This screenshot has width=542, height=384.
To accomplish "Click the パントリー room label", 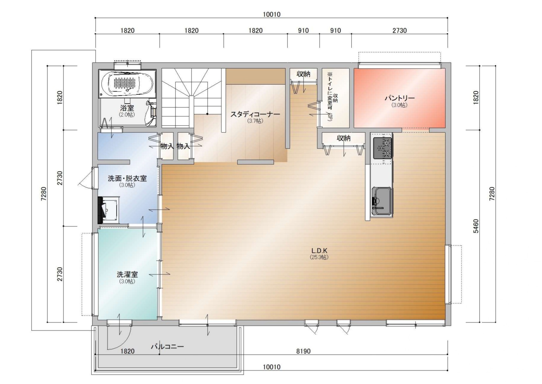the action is [x=399, y=98].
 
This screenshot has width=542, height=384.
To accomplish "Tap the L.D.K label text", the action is [x=319, y=250].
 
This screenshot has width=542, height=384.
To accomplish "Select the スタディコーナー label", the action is [x=255, y=114].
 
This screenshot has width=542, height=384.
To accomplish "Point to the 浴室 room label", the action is [x=127, y=108].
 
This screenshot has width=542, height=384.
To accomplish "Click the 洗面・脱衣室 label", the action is [x=127, y=178].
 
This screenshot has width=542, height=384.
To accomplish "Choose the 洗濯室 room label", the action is [x=127, y=274].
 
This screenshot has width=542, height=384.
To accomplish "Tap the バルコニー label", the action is [x=167, y=346].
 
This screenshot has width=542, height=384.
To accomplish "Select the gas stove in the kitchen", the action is [x=383, y=148].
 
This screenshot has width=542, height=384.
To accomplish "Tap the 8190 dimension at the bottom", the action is [x=303, y=351].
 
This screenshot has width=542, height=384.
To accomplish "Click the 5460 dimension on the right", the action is [x=476, y=226].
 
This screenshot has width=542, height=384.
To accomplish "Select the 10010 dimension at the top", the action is [x=272, y=14].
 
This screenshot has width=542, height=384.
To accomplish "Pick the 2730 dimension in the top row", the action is [x=399, y=30].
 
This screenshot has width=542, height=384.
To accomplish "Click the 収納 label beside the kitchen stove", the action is [x=344, y=138].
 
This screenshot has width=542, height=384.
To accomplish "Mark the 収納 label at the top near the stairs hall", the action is [x=303, y=74].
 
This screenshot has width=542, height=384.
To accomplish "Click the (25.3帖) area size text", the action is [x=319, y=257].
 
